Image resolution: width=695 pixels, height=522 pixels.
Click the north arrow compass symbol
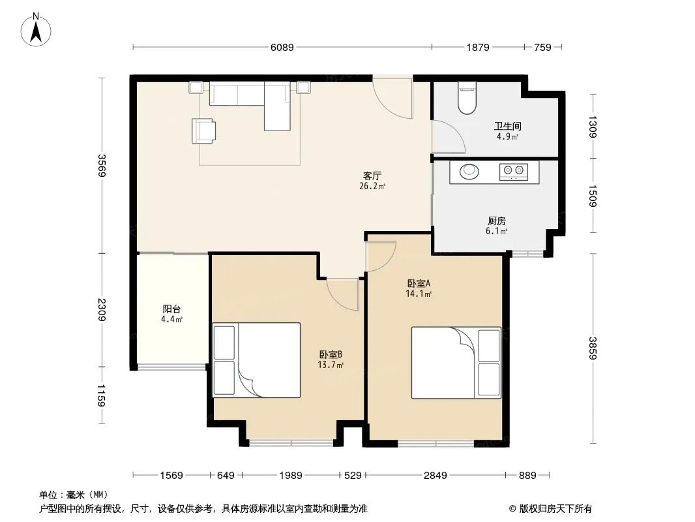pos(36,30)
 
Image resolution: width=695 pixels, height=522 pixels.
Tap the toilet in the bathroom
pos(467,98)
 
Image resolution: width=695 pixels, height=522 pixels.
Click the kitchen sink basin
pos(469,172)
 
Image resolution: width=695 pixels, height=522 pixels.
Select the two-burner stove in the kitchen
pos(514,172)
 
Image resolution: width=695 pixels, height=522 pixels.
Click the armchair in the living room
pos(204,131)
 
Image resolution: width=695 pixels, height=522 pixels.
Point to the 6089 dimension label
pos(282,47)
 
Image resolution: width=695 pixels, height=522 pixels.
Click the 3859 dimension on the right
pos(593,348)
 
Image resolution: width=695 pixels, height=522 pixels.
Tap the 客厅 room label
pos(372,176)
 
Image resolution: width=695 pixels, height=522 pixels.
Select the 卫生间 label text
pos(507,127)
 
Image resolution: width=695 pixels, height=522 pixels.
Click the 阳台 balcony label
pos(171,309)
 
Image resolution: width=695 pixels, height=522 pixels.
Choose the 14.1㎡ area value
pos(419,294)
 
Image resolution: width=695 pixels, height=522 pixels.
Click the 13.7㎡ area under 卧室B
pos(331,365)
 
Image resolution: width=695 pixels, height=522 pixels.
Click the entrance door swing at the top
pos(392,98)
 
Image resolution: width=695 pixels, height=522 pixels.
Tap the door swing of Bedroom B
pos(342,294)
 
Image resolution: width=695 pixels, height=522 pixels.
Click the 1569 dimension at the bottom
pos(171,476)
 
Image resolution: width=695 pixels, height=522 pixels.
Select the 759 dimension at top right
pos(542,47)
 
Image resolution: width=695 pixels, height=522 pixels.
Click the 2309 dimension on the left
pos(102,309)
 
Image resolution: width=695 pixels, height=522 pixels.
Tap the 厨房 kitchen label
pos(496,221)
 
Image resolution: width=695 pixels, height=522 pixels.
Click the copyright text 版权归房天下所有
pos(555,509)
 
